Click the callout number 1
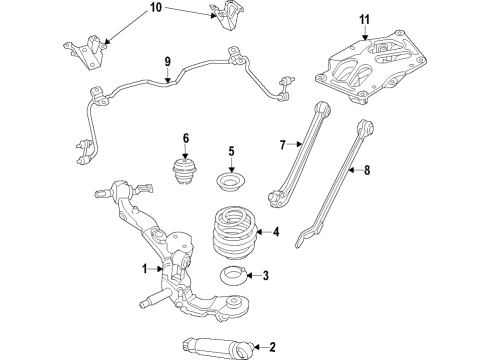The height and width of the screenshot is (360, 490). (144, 268)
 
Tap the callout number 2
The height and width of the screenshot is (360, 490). (272, 347)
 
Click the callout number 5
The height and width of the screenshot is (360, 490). (231, 152)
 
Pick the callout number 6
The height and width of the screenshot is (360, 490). (185, 138)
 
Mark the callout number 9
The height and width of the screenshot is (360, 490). (169, 59)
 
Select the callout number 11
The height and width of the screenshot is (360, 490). (364, 18)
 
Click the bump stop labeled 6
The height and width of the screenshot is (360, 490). (185, 171)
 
